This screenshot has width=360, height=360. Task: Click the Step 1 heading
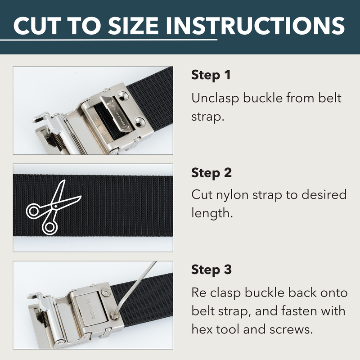tap(211, 75)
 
